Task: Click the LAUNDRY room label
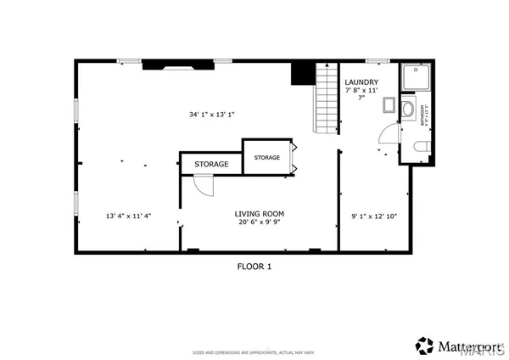(361, 82)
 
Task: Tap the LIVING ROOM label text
(260, 214)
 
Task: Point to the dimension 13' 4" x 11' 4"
(128, 215)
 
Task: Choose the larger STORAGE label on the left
(211, 164)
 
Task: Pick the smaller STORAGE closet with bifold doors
(267, 158)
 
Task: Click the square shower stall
(416, 79)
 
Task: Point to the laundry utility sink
(388, 105)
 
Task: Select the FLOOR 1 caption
(253, 266)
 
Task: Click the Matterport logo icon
(424, 346)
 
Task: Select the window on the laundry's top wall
(378, 61)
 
